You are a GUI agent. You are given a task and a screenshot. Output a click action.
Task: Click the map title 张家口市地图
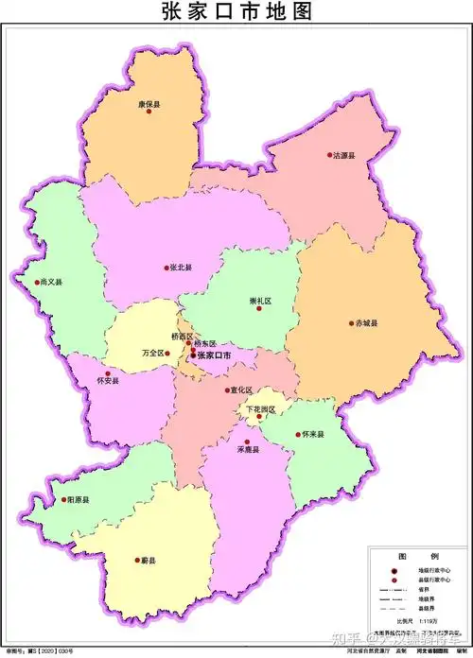click(236, 12)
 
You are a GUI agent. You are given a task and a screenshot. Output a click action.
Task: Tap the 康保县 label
click(149, 104)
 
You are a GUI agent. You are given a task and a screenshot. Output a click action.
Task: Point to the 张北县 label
click(181, 268)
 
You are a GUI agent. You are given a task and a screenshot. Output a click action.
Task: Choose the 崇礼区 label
click(260, 301)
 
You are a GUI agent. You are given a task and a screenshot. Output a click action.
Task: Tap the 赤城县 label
click(365, 322)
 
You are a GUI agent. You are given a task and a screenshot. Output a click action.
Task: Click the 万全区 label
click(152, 352)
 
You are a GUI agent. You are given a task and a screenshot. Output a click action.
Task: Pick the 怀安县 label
click(108, 381)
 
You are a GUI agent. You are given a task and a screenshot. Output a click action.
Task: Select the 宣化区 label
click(241, 389)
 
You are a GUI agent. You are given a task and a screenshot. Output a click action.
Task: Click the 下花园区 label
click(260, 409)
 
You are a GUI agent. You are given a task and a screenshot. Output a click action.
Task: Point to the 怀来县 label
click(313, 434)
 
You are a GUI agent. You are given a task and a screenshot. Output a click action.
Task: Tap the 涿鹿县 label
click(248, 449)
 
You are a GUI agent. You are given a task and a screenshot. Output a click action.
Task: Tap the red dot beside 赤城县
click(347, 323)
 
